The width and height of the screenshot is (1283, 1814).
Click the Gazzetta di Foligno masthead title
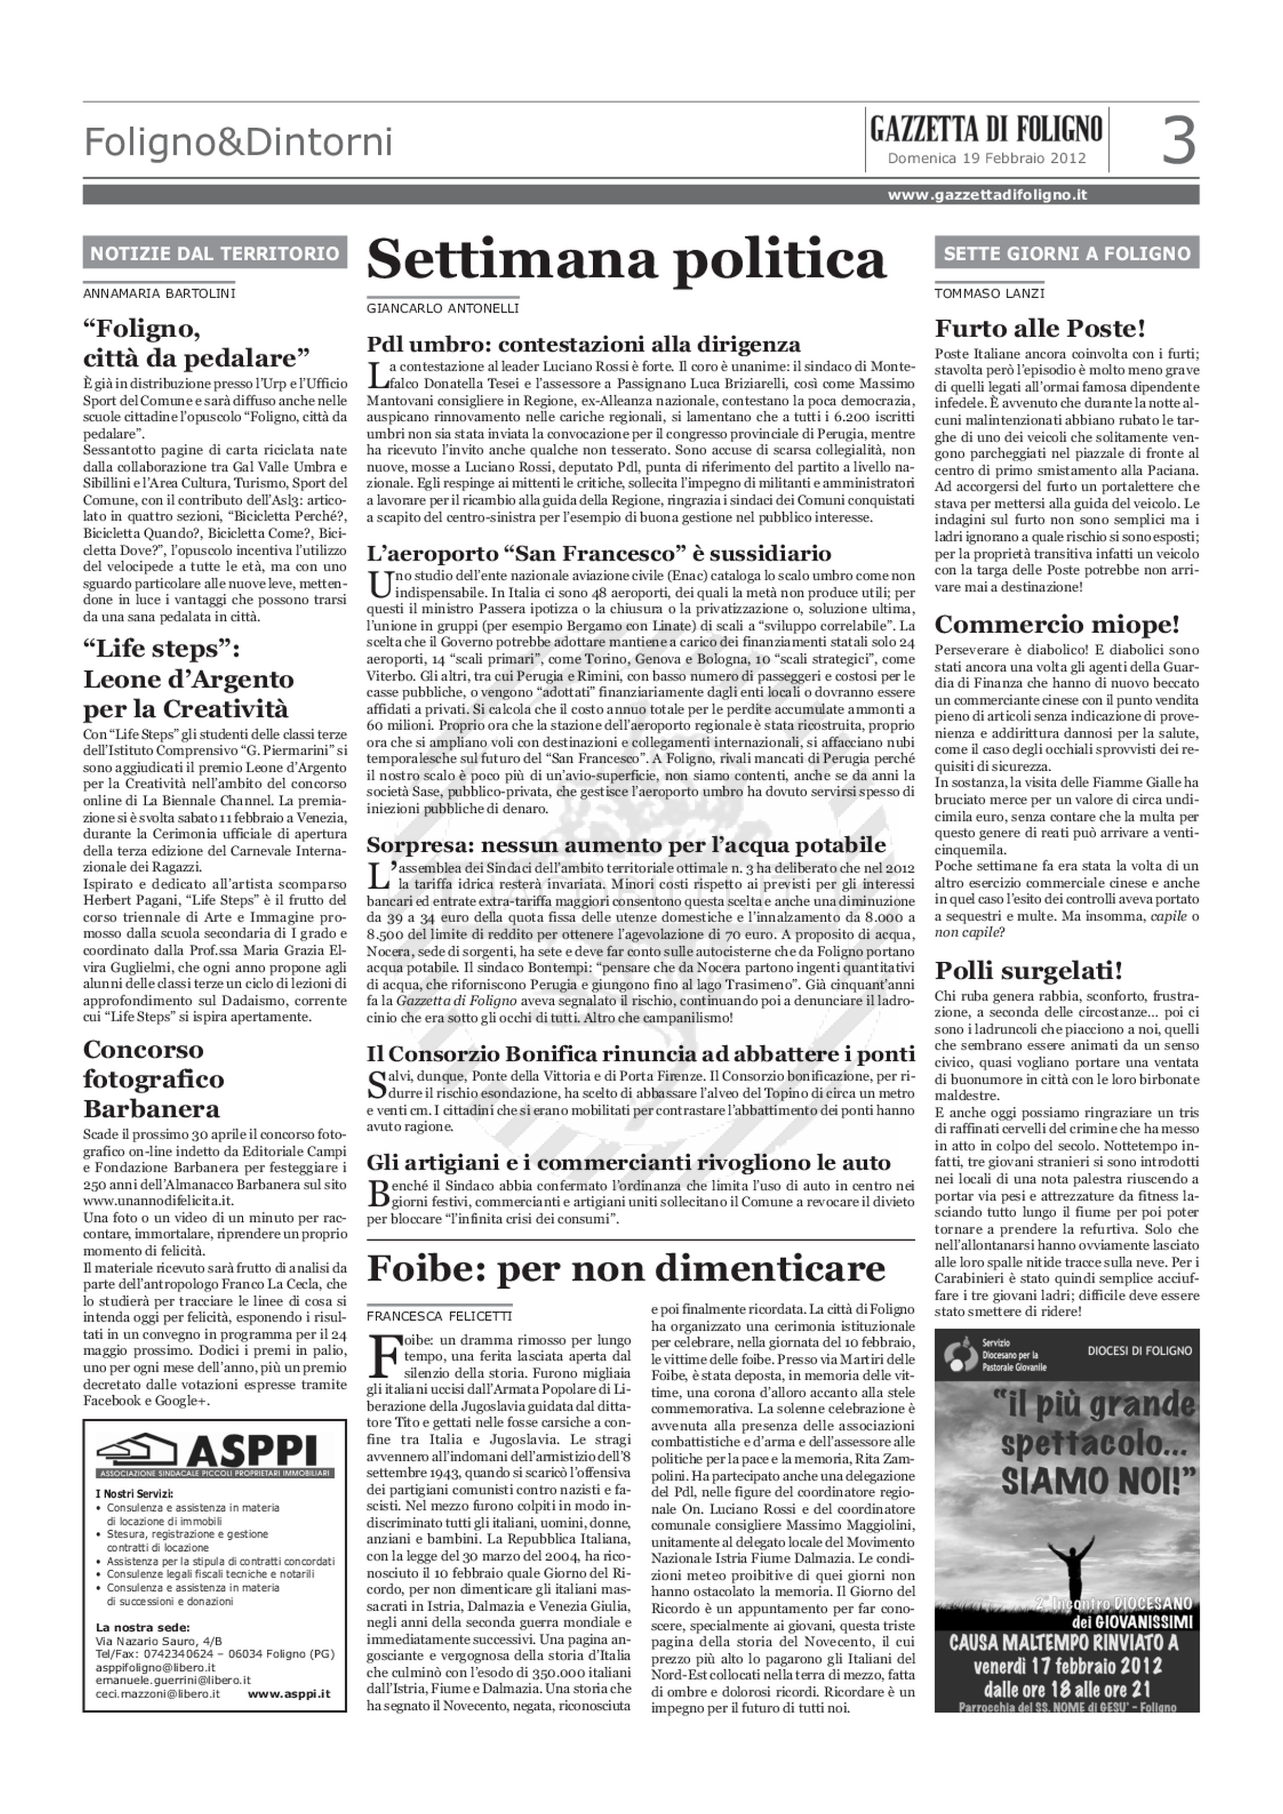coord(986,129)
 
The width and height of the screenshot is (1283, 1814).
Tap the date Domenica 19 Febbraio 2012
coord(986,158)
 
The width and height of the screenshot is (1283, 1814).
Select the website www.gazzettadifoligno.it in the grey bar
coord(987,194)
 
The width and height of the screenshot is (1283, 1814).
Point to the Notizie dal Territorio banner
coord(215,253)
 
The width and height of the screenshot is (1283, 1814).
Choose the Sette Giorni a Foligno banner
coord(1066,253)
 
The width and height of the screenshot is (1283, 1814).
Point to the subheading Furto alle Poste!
coord(1040,328)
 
